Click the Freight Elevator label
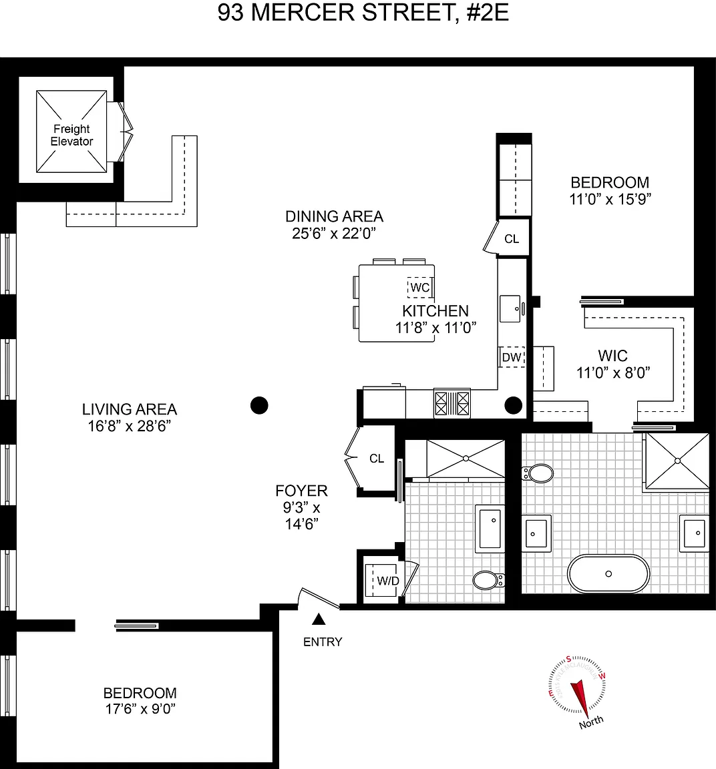click(71, 136)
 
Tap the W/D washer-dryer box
click(381, 580)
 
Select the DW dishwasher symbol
click(512, 357)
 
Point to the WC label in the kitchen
click(420, 288)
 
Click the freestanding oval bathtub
click(608, 574)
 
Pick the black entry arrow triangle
click(319, 619)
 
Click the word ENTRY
click(323, 642)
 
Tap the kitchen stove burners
click(452, 403)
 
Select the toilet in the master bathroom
click(538, 474)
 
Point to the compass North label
click(591, 722)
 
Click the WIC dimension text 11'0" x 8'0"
click(613, 372)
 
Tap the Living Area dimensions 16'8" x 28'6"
click(130, 426)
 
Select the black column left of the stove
click(259, 406)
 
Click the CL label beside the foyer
click(377, 459)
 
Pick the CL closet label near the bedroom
click(512, 239)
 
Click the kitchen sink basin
click(510, 308)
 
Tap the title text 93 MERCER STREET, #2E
click(363, 13)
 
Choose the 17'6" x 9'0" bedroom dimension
click(140, 709)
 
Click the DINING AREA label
click(334, 216)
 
